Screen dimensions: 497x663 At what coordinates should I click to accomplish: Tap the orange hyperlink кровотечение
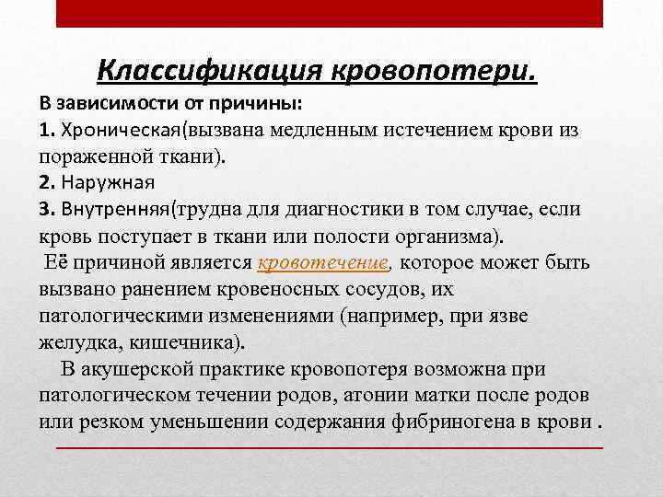(322, 262)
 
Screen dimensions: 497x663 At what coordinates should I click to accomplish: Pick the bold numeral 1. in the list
(48, 129)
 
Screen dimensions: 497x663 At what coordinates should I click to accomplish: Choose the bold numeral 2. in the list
(48, 181)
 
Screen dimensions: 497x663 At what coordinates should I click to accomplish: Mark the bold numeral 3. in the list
(48, 208)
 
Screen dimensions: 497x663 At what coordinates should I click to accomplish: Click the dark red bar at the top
(330, 13)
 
